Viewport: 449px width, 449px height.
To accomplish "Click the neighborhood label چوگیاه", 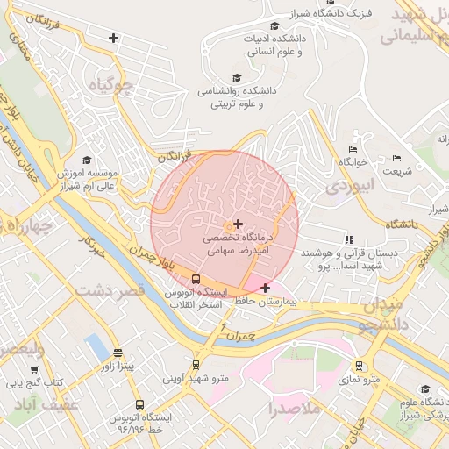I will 111,86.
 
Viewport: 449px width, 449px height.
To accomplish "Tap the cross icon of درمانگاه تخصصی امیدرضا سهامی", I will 239,224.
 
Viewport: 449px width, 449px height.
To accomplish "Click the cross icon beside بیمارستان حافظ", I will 265,287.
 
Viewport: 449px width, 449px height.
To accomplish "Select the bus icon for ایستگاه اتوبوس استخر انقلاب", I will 196,280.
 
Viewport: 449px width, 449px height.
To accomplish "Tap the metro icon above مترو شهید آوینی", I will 196,365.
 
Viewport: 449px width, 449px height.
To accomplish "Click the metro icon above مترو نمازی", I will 359,366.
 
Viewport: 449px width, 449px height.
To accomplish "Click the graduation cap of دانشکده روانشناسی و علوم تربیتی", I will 236,77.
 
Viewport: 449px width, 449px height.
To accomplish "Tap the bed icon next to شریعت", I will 396,159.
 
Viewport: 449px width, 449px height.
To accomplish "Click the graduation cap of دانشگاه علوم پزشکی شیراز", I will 425,389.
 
